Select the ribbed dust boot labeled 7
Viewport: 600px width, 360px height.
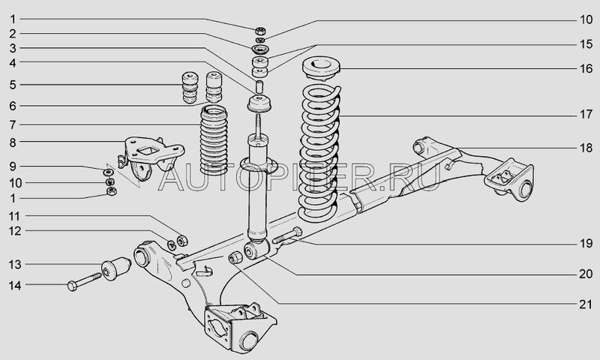point(214,140)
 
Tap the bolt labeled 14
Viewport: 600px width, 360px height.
point(84,281)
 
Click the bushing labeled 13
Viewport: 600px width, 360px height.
point(116,268)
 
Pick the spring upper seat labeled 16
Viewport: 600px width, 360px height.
point(321,69)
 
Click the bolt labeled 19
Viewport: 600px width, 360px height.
point(287,235)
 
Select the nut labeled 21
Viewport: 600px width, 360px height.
point(235,257)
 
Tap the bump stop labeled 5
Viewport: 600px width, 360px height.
point(190,88)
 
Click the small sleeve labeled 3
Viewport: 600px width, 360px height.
point(259,86)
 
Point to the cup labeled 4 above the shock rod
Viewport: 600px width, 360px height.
point(259,104)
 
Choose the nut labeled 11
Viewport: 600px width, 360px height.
point(181,239)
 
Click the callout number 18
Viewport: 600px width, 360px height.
point(586,148)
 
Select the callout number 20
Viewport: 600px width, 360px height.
point(586,274)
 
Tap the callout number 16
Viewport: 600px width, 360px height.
point(586,68)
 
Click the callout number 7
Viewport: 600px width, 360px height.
point(13,124)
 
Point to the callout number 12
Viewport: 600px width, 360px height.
point(15,231)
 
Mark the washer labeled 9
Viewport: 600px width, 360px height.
point(108,171)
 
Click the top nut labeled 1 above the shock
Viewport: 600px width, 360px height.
point(260,31)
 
